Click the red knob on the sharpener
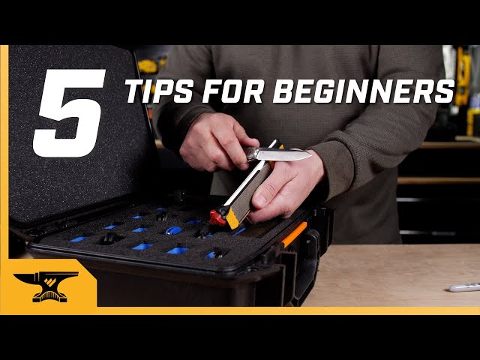click(x=217, y=218)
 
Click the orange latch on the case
click(x=293, y=233)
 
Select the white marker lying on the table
click(x=464, y=286)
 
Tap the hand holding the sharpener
click(x=289, y=191)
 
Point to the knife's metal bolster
click(x=251, y=154)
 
